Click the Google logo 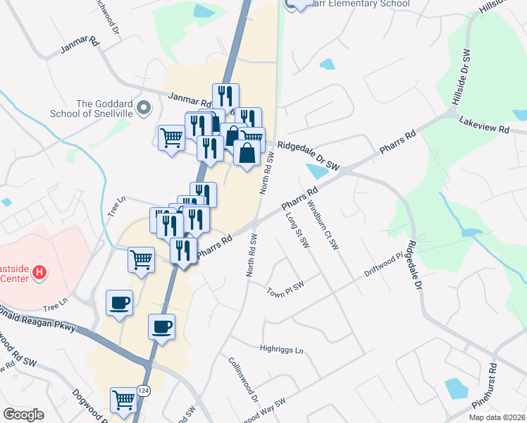pos(23,414)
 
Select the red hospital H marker pos(40,271)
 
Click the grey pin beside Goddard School pos(144,109)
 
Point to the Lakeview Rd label pos(483,125)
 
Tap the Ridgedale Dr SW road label pos(308,157)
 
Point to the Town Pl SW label pos(285,289)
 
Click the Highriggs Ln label pos(280,350)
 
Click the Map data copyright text pos(496,417)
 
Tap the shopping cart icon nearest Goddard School pos(171,137)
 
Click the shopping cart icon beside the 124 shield pos(124,399)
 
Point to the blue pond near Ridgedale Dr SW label pos(317,171)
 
